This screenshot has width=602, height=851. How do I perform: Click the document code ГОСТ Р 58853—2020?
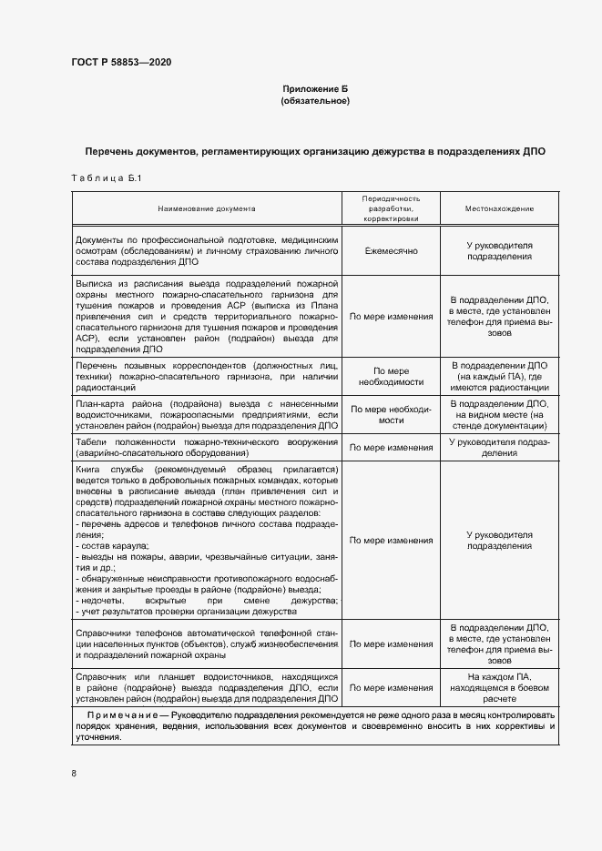pyautogui.click(x=120, y=62)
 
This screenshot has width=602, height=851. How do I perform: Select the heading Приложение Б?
pyautogui.click(x=314, y=88)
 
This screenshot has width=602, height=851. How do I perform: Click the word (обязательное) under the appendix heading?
pyautogui.click(x=314, y=100)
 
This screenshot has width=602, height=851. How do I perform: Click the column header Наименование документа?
pyautogui.click(x=206, y=208)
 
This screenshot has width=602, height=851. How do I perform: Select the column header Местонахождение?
pyautogui.click(x=499, y=208)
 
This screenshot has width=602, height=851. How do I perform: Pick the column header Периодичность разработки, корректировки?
pyautogui.click(x=391, y=208)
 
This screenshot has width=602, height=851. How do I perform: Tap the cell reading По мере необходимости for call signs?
pyautogui.click(x=391, y=377)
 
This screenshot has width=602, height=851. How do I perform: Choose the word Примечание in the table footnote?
pyautogui.click(x=125, y=716)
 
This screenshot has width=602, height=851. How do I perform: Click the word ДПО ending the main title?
pyautogui.click(x=532, y=151)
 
